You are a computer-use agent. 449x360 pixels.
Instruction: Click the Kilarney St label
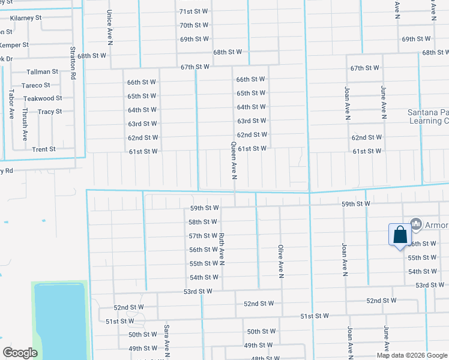click(26, 18)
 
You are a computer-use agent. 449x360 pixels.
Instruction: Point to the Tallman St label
click(42, 71)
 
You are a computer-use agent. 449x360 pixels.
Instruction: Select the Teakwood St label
click(43, 98)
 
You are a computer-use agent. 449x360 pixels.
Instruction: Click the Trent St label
click(44, 149)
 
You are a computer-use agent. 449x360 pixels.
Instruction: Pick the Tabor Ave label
click(11, 104)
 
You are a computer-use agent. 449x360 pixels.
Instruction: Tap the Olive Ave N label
click(280, 262)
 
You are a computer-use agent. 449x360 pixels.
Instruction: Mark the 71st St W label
click(194, 12)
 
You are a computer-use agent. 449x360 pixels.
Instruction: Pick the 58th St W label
click(203, 222)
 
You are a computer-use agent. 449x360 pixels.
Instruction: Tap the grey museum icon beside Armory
click(415, 224)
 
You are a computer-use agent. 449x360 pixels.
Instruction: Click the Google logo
click(21, 353)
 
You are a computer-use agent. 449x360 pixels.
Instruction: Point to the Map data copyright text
click(411, 355)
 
